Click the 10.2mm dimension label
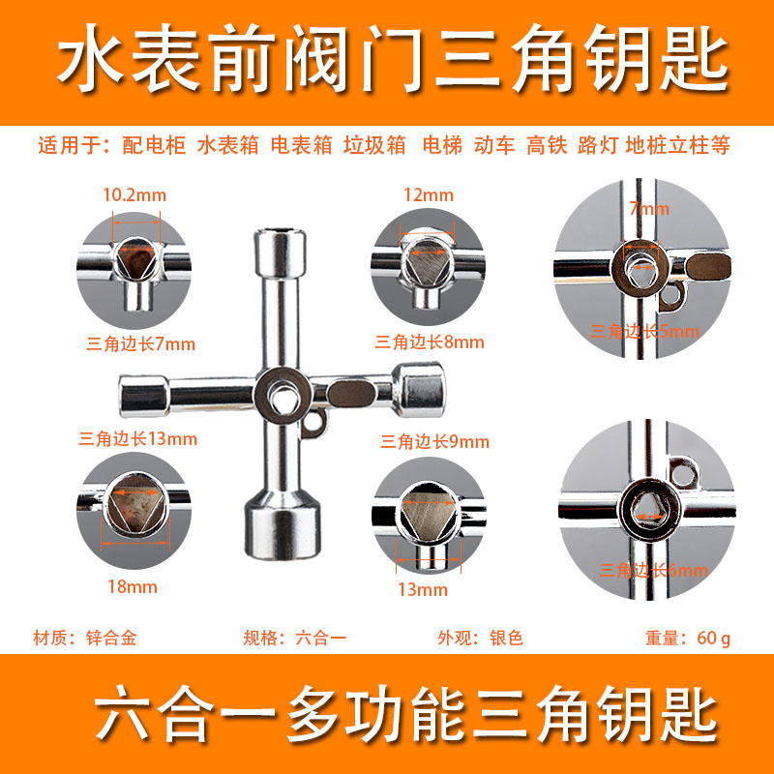(134, 194)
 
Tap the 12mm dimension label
(429, 194)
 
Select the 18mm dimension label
(134, 586)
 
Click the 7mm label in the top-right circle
(648, 208)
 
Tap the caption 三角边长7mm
(141, 342)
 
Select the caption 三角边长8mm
(430, 342)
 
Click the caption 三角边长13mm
(137, 438)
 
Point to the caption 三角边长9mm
(435, 442)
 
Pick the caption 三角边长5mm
(644, 332)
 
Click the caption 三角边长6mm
(654, 571)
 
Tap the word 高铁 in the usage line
(547, 146)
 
